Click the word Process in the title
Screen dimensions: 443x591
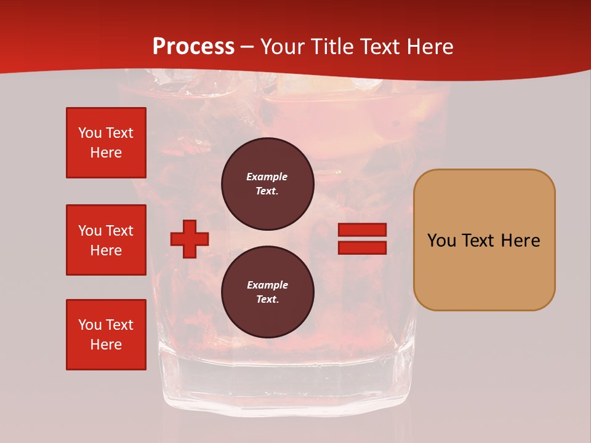[x=193, y=47]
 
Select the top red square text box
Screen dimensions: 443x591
[x=106, y=143]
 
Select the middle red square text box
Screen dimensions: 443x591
[x=106, y=240]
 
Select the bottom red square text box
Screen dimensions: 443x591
[x=106, y=335]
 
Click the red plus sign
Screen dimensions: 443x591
[x=189, y=239]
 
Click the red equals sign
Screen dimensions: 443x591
[x=362, y=239]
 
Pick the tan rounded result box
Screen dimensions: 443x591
[x=484, y=240]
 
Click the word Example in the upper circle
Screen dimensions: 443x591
[x=267, y=177]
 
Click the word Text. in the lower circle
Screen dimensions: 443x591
[x=267, y=300]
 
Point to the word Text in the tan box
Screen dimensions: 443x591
[x=480, y=241]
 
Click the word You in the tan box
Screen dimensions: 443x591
[x=441, y=241]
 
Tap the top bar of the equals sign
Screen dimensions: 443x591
[x=362, y=230]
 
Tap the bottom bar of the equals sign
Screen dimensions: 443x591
[x=362, y=248]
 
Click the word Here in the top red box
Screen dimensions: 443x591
[x=106, y=153]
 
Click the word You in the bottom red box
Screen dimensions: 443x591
[x=89, y=325]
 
